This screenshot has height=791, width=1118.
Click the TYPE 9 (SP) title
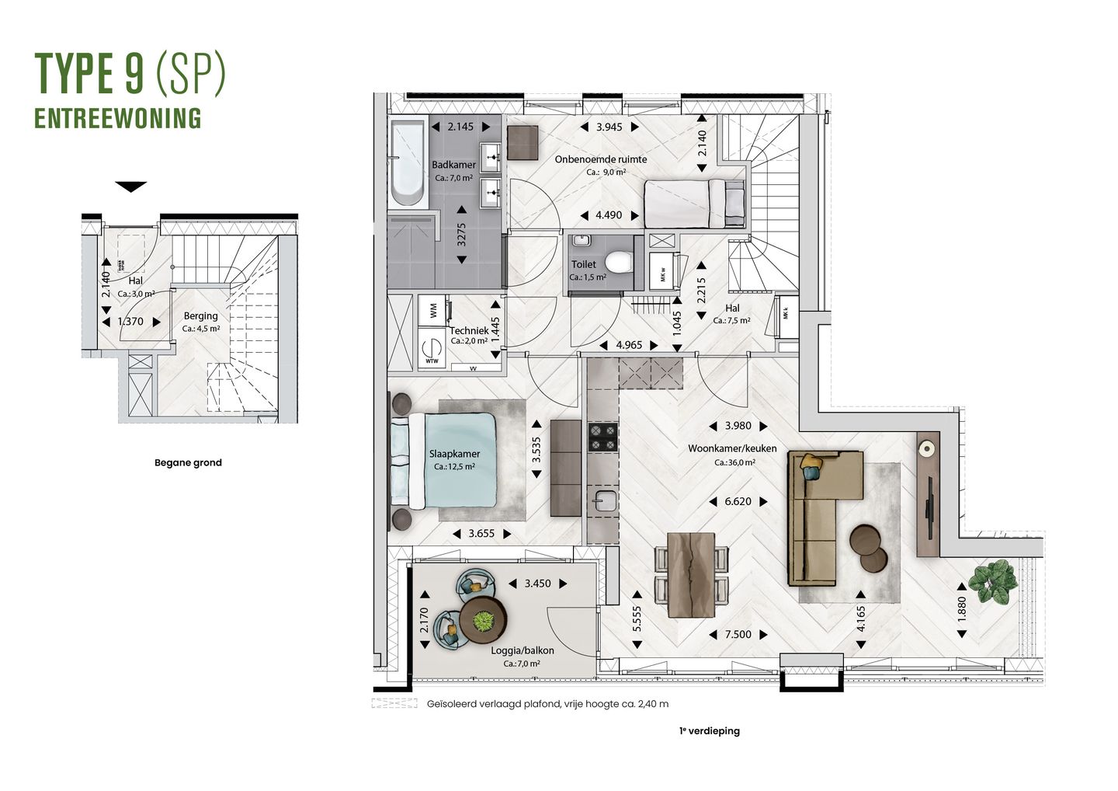click(130, 75)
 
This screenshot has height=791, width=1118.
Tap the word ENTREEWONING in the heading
click(118, 118)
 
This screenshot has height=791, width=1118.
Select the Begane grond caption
click(188, 462)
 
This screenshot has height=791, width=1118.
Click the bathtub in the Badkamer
click(407, 163)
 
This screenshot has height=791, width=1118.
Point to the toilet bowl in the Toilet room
click(619, 262)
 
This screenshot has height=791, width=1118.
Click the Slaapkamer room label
click(454, 454)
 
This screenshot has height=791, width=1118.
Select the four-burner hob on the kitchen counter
click(602, 437)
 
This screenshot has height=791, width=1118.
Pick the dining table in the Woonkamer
click(692, 574)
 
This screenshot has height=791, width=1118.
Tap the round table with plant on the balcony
click(483, 619)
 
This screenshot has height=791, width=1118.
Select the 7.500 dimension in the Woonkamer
click(738, 635)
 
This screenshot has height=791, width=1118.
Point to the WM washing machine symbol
click(432, 308)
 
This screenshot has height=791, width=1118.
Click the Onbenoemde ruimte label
click(600, 159)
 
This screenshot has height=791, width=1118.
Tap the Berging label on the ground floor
click(200, 316)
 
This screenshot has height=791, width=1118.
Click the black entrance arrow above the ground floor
click(130, 186)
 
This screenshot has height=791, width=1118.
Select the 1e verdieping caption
click(708, 731)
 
